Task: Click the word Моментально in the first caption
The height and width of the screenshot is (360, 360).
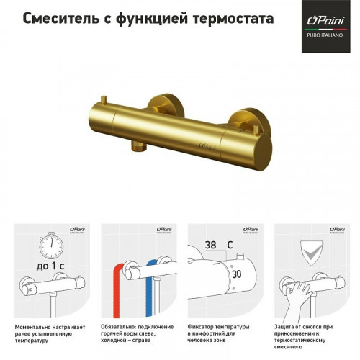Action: (33, 326)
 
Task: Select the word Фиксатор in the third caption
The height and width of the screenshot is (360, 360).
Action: (202, 326)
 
